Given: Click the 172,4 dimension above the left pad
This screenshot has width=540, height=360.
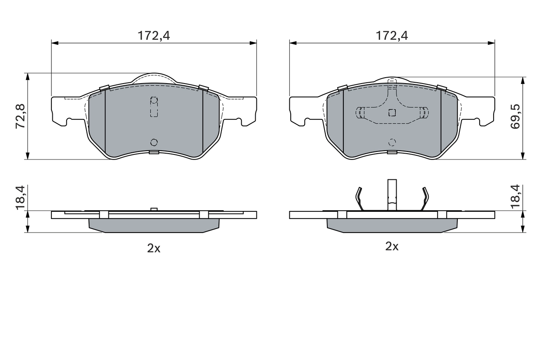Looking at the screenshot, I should [x=154, y=36].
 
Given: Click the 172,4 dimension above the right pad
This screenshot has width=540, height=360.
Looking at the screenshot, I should [x=392, y=36].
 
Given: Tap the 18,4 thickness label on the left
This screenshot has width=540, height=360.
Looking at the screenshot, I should [x=21, y=197].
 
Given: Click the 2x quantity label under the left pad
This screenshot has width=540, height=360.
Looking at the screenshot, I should [x=154, y=248].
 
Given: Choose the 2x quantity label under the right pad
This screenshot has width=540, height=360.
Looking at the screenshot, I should [x=392, y=246].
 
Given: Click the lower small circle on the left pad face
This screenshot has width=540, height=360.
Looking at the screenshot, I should [x=154, y=142].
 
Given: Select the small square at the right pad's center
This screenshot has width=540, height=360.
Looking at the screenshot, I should [x=392, y=112].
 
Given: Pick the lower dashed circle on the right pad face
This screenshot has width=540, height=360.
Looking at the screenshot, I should [x=392, y=142].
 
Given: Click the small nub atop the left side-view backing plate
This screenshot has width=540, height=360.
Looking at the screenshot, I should [x=154, y=209].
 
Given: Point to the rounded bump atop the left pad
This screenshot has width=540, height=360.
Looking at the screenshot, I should [x=154, y=78].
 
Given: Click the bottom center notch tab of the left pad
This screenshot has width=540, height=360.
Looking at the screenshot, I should [x=154, y=152].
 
